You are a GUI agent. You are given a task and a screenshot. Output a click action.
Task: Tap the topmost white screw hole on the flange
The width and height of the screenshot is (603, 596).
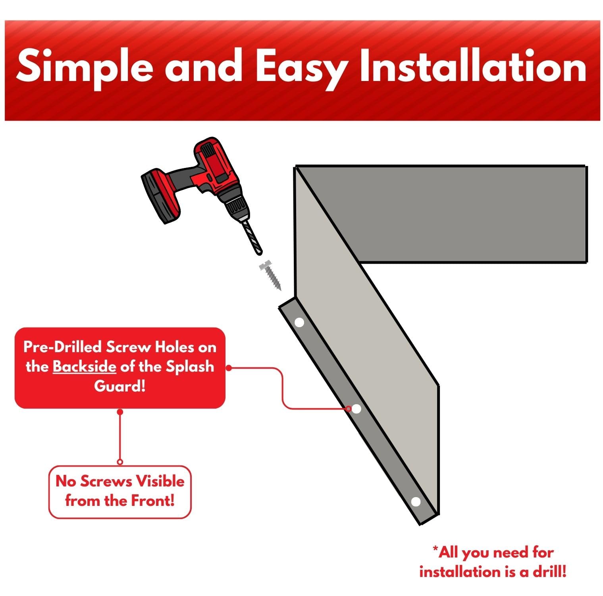(x=299, y=322)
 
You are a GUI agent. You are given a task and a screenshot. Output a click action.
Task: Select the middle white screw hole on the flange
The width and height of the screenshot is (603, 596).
(x=356, y=408)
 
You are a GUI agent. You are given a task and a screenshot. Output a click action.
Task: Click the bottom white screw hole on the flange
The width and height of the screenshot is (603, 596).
(x=416, y=502)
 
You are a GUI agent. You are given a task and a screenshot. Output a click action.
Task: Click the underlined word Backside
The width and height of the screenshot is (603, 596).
(x=84, y=366)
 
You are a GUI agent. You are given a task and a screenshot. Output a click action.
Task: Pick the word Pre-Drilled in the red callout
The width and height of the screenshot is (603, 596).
(x=62, y=347)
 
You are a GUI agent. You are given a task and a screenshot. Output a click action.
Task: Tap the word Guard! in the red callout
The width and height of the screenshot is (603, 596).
(x=120, y=386)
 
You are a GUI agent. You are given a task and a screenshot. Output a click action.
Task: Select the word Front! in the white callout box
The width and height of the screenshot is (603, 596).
(x=153, y=501)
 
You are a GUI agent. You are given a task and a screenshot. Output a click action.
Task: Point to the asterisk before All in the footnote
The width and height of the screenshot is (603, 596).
(x=435, y=550)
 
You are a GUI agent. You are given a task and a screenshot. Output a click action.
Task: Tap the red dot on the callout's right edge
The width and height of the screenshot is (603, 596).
(x=229, y=368)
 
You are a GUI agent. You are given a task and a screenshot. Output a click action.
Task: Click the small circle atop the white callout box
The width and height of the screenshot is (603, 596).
(x=120, y=462)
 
